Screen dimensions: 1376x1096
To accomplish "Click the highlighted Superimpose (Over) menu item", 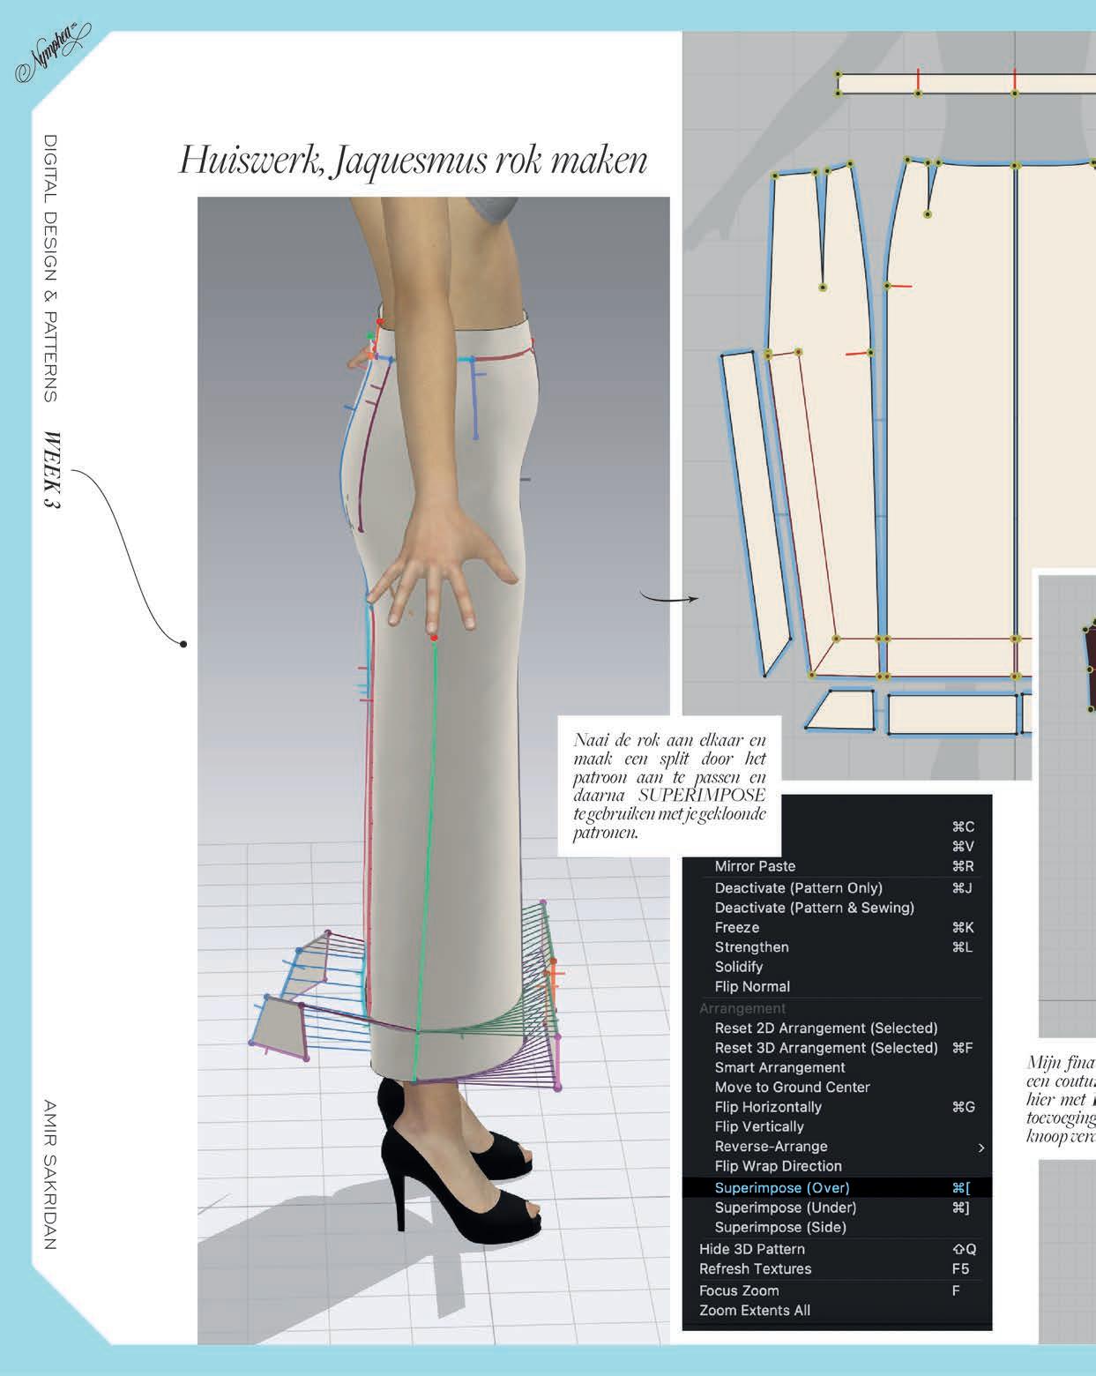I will (x=781, y=1188).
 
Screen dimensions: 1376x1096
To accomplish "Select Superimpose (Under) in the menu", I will (x=785, y=1208).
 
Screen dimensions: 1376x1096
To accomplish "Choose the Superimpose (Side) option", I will (x=779, y=1227).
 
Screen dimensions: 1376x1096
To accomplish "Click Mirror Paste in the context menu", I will (x=755, y=866).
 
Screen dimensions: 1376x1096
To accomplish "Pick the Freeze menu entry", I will (x=736, y=927).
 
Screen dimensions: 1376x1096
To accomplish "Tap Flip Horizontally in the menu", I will (x=767, y=1107).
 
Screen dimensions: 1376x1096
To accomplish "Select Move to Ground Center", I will (x=792, y=1087).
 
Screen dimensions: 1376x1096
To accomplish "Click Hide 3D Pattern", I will (x=751, y=1249).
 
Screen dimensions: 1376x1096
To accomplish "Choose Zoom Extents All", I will (x=754, y=1310).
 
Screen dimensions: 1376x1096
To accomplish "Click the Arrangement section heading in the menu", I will (x=742, y=1008).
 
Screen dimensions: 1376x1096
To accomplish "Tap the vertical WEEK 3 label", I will (x=50, y=469).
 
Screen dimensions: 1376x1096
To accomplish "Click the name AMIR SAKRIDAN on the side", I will (x=49, y=1173).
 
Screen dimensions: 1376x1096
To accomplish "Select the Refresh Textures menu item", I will (x=755, y=1268).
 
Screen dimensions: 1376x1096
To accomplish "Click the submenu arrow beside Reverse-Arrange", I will (x=980, y=1148).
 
